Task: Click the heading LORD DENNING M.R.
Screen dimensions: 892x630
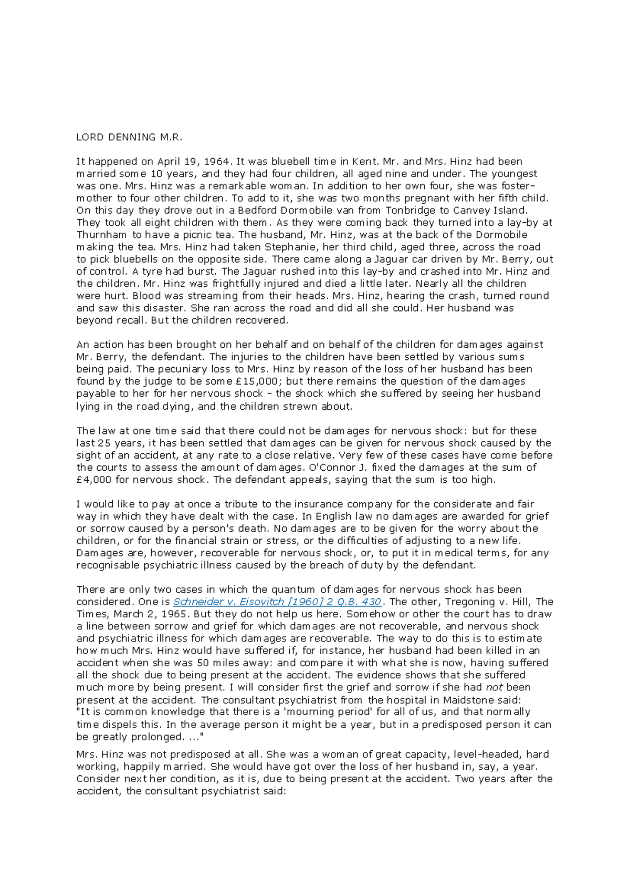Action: (x=129, y=138)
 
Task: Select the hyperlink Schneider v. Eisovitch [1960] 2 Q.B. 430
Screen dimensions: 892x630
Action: (x=278, y=602)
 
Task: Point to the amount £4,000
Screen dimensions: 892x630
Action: (x=94, y=480)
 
